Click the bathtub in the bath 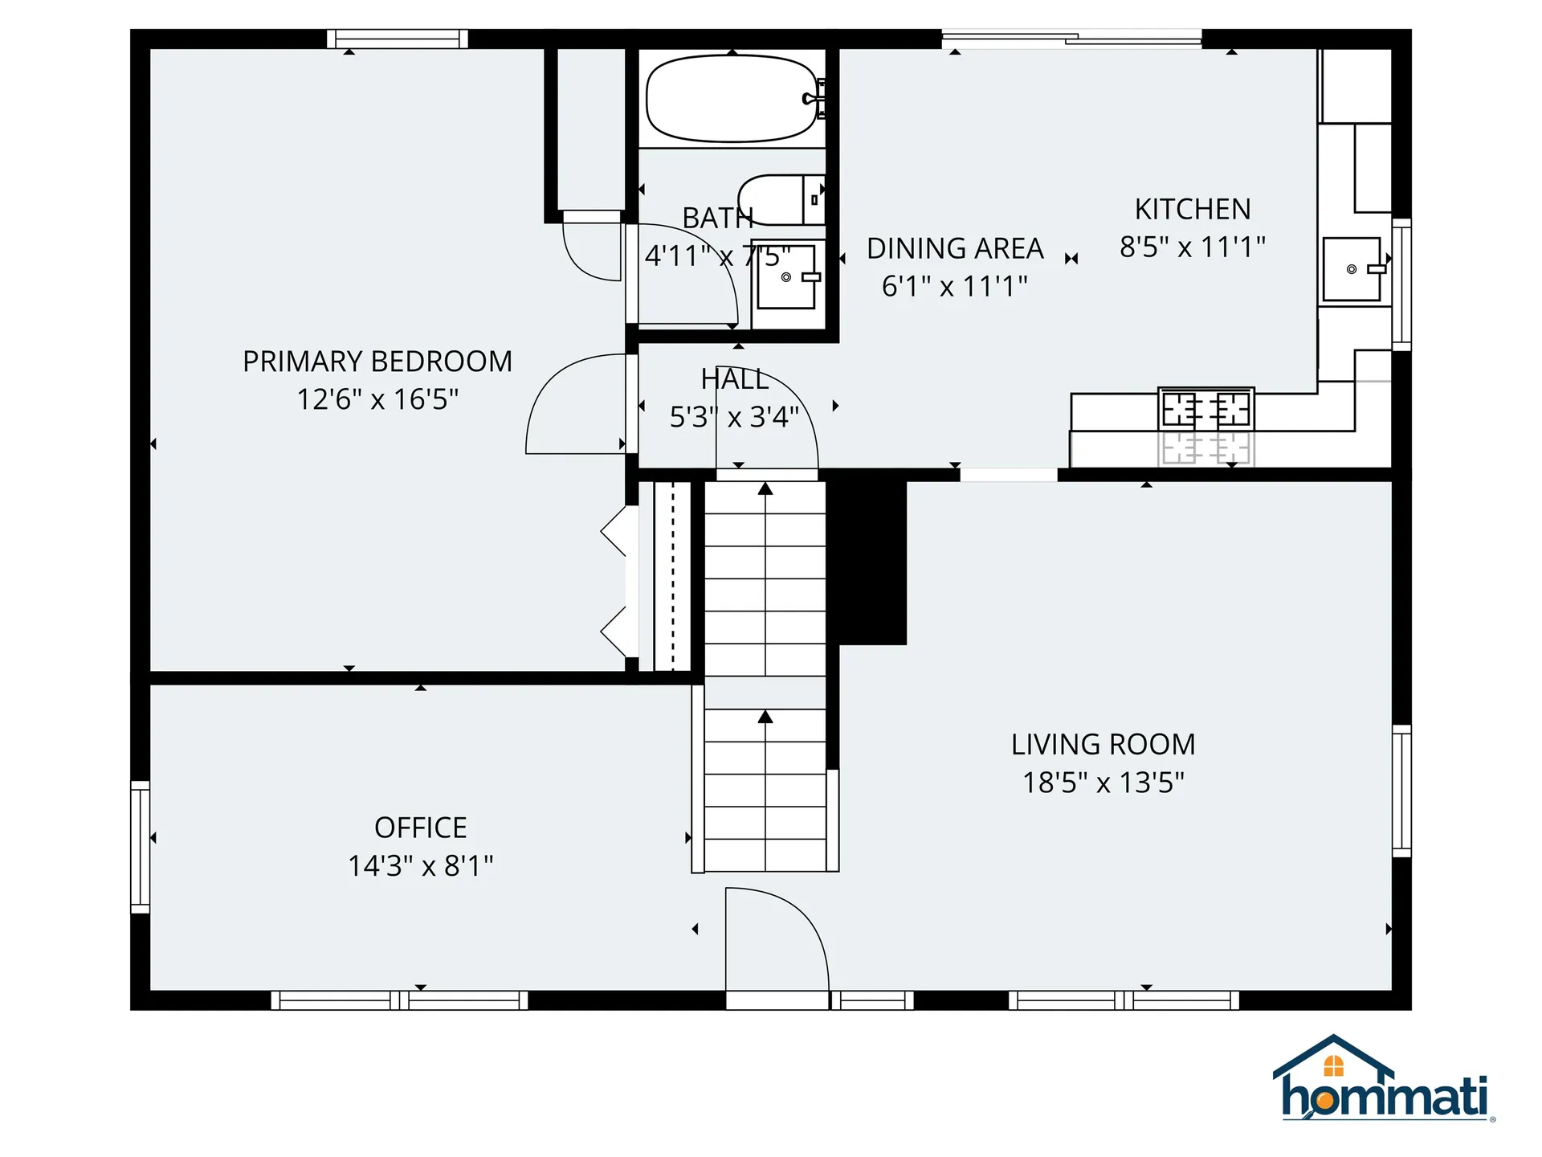pos(731,98)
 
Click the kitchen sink pos(1352,269)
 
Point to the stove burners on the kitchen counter pos(1205,409)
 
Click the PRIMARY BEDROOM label pos(377,362)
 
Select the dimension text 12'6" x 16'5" pos(377,399)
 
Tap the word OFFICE pos(420,828)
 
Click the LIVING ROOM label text pos(1103,744)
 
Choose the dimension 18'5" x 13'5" pos(1103,783)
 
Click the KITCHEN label pos(1193,210)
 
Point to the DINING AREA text pos(955,249)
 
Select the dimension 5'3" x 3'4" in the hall pos(734,417)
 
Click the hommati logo pos(1383,1081)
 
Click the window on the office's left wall pos(141,846)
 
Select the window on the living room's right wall pos(1401,791)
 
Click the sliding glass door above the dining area pos(1071,38)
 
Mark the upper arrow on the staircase pos(765,489)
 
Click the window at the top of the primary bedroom pos(398,39)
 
